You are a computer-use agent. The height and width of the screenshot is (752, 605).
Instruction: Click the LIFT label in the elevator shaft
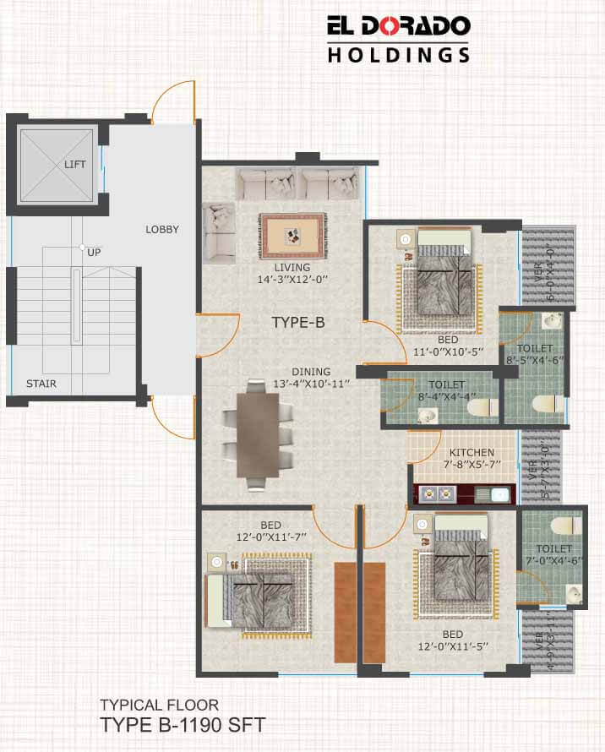click(x=75, y=165)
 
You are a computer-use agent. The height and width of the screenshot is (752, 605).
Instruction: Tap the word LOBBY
click(x=162, y=230)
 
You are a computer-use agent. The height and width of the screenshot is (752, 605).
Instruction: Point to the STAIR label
click(x=41, y=384)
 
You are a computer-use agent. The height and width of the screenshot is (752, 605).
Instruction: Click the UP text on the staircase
click(x=94, y=253)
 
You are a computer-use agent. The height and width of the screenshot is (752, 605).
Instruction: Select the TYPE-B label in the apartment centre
click(x=298, y=322)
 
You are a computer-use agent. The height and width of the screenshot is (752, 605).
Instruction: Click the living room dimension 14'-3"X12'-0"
click(x=292, y=280)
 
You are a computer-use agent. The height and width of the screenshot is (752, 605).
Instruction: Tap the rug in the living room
click(x=292, y=236)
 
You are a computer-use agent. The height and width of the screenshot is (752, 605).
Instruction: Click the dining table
click(x=258, y=435)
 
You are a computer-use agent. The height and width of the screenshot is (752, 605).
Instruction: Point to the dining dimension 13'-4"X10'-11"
click(x=312, y=384)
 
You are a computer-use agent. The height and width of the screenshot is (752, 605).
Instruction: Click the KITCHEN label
click(x=471, y=452)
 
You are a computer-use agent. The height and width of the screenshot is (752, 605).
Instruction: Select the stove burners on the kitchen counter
click(x=437, y=493)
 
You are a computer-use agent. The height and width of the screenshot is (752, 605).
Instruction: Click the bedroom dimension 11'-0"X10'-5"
click(x=448, y=351)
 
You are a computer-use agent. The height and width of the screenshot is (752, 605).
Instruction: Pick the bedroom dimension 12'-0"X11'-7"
click(x=271, y=537)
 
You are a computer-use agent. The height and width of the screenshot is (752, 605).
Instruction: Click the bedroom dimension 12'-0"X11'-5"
click(x=453, y=646)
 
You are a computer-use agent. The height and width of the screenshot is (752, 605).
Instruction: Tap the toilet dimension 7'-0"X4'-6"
click(x=554, y=561)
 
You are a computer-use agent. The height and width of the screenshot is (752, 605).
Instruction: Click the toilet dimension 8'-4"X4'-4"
click(x=447, y=396)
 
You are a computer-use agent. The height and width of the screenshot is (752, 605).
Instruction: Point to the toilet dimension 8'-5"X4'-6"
click(x=535, y=360)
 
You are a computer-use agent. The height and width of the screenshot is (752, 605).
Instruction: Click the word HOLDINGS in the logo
click(x=399, y=55)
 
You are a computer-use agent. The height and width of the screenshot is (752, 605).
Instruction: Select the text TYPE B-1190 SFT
click(x=183, y=725)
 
